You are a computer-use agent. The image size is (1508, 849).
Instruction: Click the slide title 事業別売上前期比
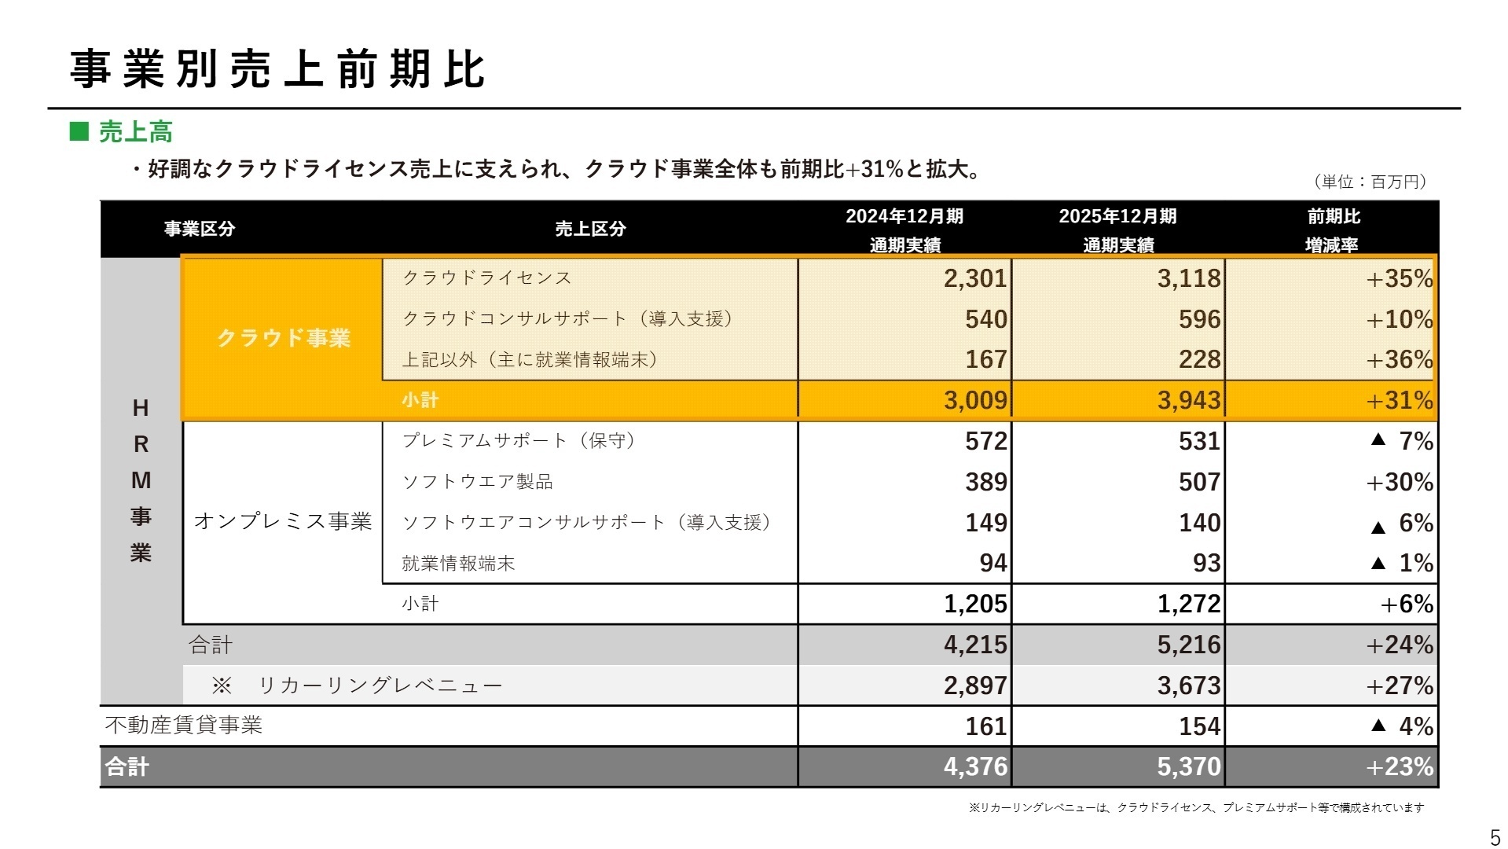277,69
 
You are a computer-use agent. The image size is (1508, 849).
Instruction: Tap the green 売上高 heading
134,132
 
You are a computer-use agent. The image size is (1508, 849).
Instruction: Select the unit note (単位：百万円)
1369,182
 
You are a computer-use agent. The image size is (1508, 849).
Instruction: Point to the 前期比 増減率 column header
1332,230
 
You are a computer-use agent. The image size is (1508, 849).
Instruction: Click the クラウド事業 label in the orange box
283,338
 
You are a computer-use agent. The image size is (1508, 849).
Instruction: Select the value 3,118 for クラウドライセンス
1188,278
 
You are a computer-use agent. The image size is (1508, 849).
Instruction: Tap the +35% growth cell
1399,278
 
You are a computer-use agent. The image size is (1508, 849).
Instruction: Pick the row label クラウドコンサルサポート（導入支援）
567,318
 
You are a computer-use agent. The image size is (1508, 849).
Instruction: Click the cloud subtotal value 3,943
1188,400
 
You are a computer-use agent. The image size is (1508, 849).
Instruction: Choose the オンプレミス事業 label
283,521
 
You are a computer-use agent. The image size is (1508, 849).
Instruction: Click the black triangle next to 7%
1378,440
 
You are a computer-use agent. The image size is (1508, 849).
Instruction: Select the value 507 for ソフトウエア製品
1199,482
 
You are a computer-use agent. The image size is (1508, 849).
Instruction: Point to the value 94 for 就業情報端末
993,563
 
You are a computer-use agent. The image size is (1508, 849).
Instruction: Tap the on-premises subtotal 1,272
1188,604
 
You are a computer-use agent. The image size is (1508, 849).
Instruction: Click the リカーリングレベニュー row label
380,685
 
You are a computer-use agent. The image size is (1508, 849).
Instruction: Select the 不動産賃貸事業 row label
184,725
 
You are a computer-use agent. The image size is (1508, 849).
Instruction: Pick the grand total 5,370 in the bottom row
1188,766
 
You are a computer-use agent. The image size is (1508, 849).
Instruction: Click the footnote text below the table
1195,807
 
